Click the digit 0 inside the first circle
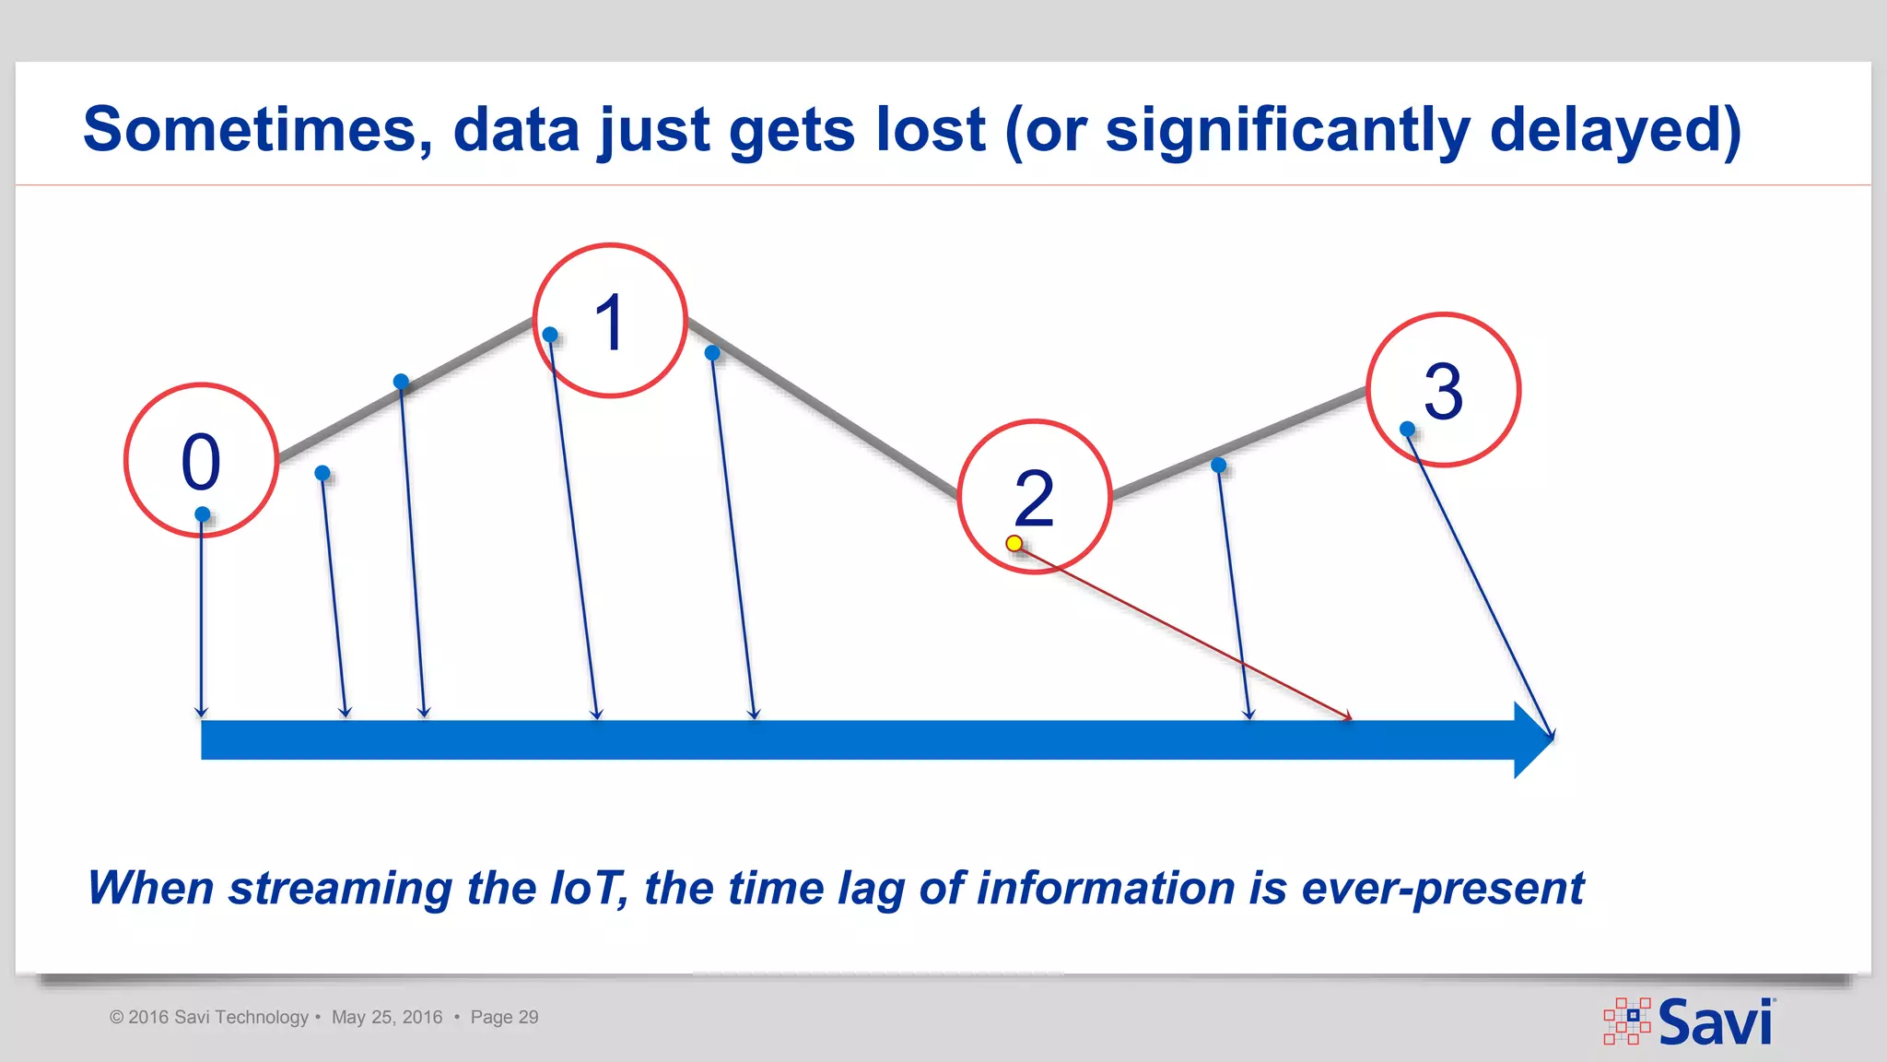coord(201,462)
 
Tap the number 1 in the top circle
coord(610,323)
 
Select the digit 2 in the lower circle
coord(1034,499)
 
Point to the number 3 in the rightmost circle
coord(1443,392)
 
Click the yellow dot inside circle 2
coord(1014,544)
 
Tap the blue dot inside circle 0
coord(203,514)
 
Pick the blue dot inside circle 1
coord(550,335)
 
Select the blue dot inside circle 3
coord(1407,429)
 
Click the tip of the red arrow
coord(1351,718)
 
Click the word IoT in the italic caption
coord(588,888)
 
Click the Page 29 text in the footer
coord(504,1017)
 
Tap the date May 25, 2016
coord(387,1017)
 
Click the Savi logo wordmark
coord(1715,1022)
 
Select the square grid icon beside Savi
coord(1627,1021)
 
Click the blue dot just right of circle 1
coord(712,353)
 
